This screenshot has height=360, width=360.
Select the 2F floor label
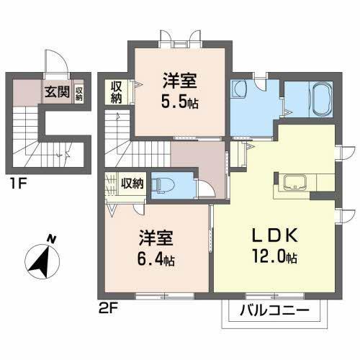click(106, 307)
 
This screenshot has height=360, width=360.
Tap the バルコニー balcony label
click(274, 312)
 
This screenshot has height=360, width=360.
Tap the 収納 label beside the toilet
click(132, 183)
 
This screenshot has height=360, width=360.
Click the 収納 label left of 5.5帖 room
click(117, 92)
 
